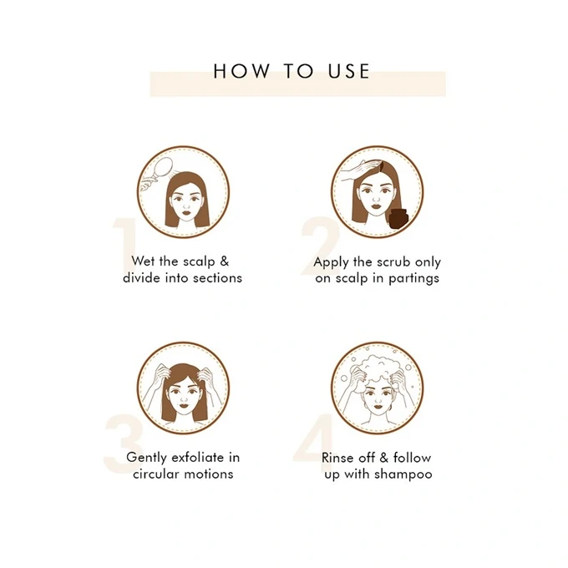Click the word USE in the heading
pyautogui.click(x=349, y=71)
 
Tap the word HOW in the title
pyautogui.click(x=241, y=71)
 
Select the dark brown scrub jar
pyautogui.click(x=398, y=219)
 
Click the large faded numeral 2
pyautogui.click(x=320, y=246)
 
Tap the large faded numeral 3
pyautogui.click(x=124, y=444)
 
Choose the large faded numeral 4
pyautogui.click(x=314, y=444)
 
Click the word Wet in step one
pyautogui.click(x=144, y=261)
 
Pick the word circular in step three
pyautogui.click(x=155, y=474)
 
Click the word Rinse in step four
pyautogui.click(x=336, y=458)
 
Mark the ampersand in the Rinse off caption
pyautogui.click(x=384, y=458)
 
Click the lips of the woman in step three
pyautogui.click(x=185, y=405)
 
